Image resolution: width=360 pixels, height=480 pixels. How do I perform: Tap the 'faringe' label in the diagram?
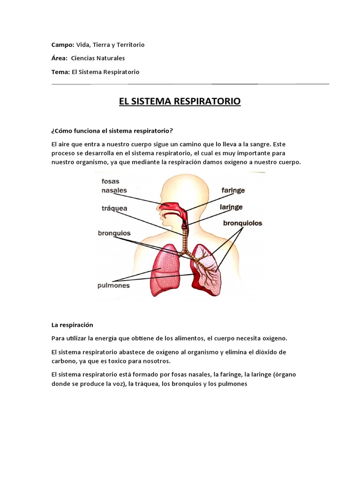tap(233, 191)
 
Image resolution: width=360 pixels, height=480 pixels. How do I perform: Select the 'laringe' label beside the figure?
tap(231, 206)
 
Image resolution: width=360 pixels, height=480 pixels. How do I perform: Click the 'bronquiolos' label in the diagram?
tap(242, 223)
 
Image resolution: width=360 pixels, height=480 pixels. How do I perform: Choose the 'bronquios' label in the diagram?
tap(114, 232)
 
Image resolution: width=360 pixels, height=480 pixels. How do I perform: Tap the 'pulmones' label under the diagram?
tap(113, 285)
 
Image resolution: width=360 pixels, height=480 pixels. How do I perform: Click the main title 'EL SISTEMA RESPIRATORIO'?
tap(180, 101)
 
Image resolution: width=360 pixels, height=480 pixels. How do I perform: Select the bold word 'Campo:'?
tap(63, 45)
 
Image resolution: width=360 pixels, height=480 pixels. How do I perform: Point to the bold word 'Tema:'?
tap(61, 72)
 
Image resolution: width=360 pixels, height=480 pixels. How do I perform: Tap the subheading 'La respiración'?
tap(73, 325)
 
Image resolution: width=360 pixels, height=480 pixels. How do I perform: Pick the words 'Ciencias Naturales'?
tap(101, 58)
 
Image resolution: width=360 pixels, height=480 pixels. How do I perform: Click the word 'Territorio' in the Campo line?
tap(129, 45)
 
